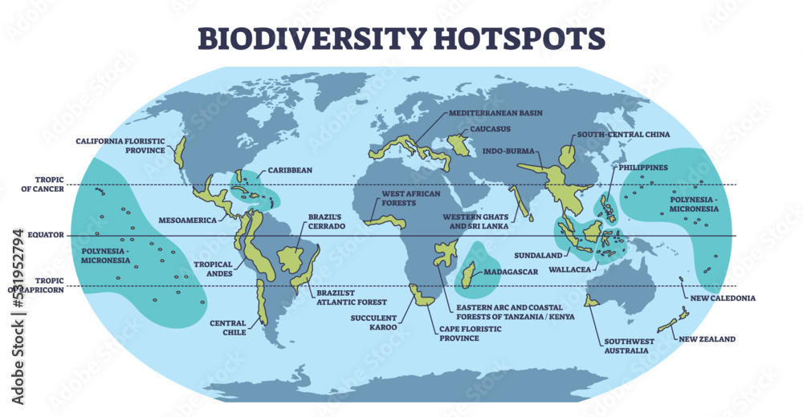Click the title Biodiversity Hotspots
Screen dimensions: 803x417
[x=401, y=37]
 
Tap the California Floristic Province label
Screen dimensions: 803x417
[x=120, y=145]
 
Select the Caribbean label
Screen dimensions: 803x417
[x=290, y=170]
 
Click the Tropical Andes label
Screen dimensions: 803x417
[x=213, y=269]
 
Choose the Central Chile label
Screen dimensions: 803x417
[x=228, y=328]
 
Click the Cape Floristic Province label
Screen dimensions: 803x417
[x=459, y=334]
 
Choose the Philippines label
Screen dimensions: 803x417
[x=642, y=168]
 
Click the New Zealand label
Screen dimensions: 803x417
[x=707, y=339]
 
